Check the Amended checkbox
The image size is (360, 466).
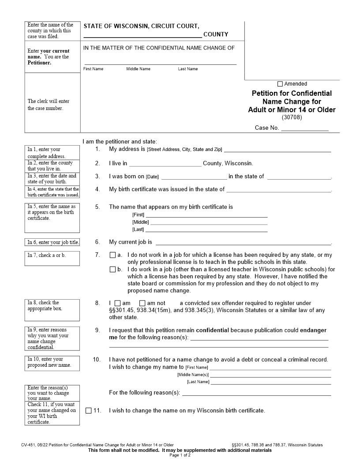[x=280, y=84]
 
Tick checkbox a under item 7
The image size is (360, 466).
[x=112, y=255]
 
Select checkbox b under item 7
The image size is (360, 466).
[x=112, y=270]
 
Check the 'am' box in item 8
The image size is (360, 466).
[x=117, y=303]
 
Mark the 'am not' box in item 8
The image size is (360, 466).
[x=142, y=303]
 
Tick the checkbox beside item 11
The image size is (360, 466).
[x=89, y=410]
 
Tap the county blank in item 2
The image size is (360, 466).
[x=165, y=163]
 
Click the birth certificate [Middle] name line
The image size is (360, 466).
[x=209, y=222]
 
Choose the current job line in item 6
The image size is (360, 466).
[x=243, y=242]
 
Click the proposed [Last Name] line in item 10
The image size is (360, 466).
[x=270, y=382]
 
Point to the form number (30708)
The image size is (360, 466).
[x=292, y=117]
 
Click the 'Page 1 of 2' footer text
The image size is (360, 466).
[x=180, y=455]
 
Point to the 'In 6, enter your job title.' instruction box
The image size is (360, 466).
[x=52, y=242]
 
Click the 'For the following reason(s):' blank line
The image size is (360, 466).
[x=256, y=393]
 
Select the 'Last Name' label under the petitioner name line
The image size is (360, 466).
[x=188, y=69]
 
